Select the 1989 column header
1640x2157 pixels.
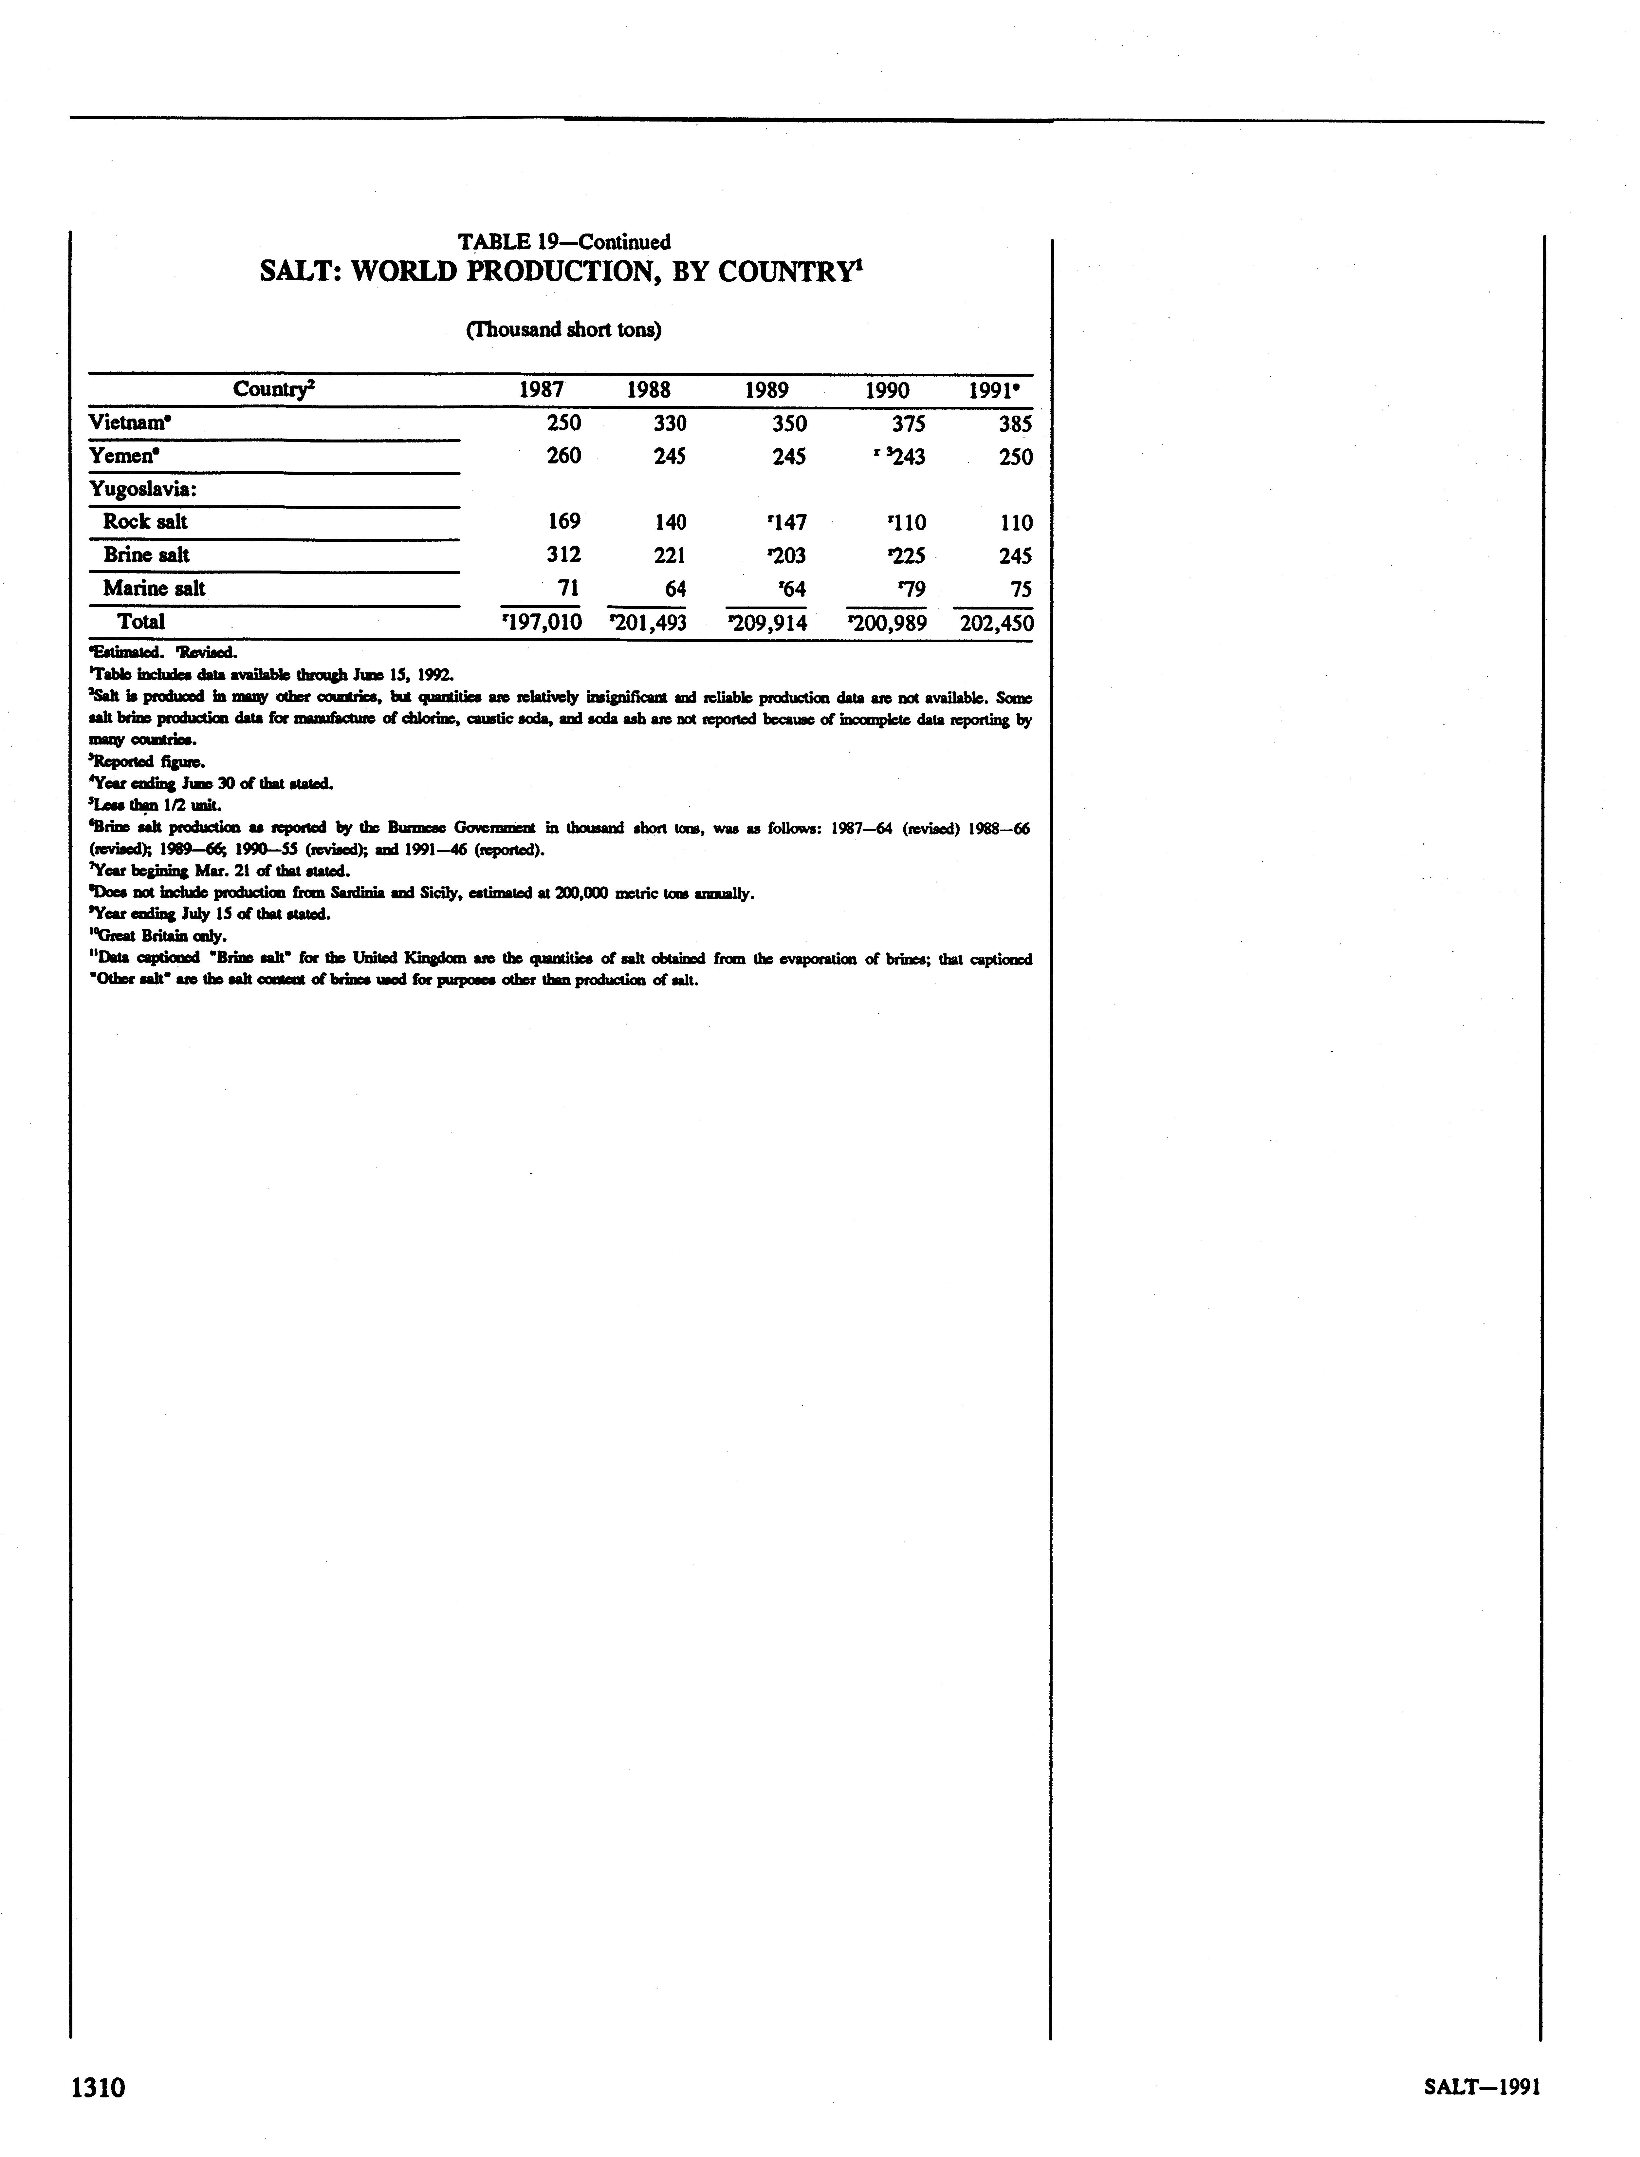click(x=767, y=391)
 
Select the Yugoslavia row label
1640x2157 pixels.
click(x=142, y=489)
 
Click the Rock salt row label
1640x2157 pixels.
click(x=145, y=522)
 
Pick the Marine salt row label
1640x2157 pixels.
click(x=154, y=589)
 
